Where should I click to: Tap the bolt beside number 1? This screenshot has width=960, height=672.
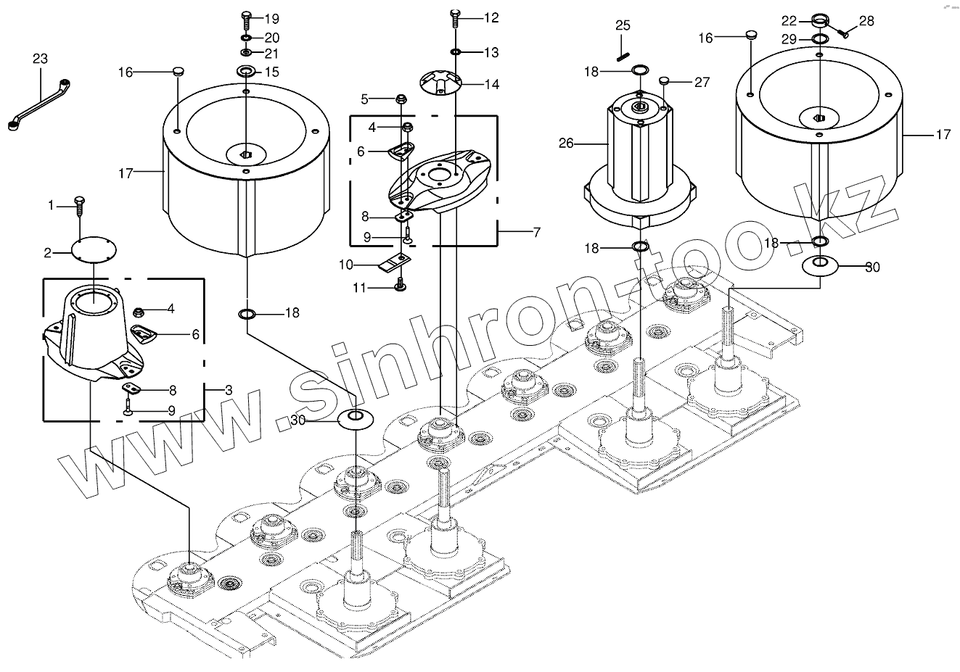pyautogui.click(x=78, y=205)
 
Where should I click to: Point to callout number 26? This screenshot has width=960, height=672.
pyautogui.click(x=566, y=144)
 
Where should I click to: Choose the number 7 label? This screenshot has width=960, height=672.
pyautogui.click(x=536, y=232)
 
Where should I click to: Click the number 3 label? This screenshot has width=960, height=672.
pyautogui.click(x=229, y=390)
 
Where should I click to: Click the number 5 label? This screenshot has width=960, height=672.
pyautogui.click(x=365, y=99)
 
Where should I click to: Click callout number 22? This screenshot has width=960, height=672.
pyautogui.click(x=789, y=20)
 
